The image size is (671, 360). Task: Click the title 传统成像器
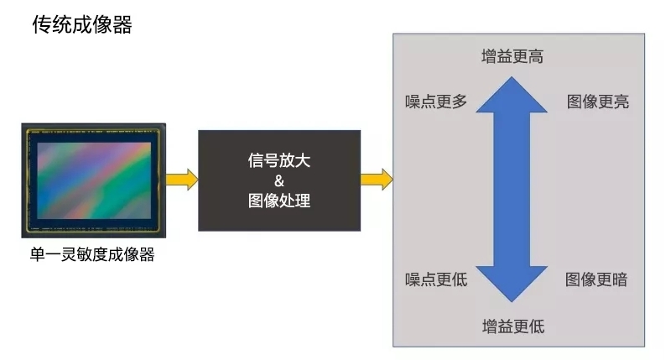point(81,24)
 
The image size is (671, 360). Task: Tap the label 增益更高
point(512,56)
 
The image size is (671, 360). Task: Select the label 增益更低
point(512,326)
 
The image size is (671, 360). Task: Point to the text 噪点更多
point(435,102)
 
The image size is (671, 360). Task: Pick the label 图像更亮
point(597,102)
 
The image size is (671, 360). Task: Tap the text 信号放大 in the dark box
point(279,160)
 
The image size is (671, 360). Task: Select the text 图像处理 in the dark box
point(279,201)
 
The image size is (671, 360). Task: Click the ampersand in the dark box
point(279,181)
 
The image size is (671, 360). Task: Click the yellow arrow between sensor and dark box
point(181,179)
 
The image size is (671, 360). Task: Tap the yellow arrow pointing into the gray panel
point(377,179)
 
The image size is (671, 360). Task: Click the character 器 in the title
point(122,24)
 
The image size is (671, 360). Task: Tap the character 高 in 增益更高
point(535,56)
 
